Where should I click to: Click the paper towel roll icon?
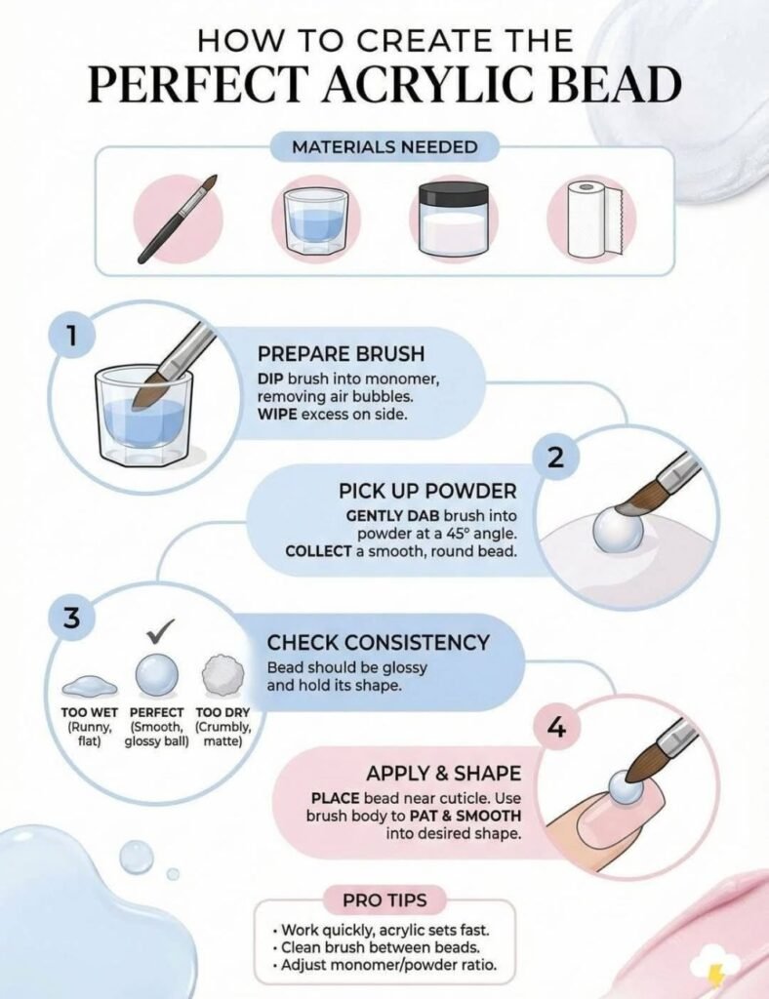590,220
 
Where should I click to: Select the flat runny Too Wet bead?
90,683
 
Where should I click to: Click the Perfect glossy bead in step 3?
156,675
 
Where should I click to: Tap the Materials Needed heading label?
384,148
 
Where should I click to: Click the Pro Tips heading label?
384,899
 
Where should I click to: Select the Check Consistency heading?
378,642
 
